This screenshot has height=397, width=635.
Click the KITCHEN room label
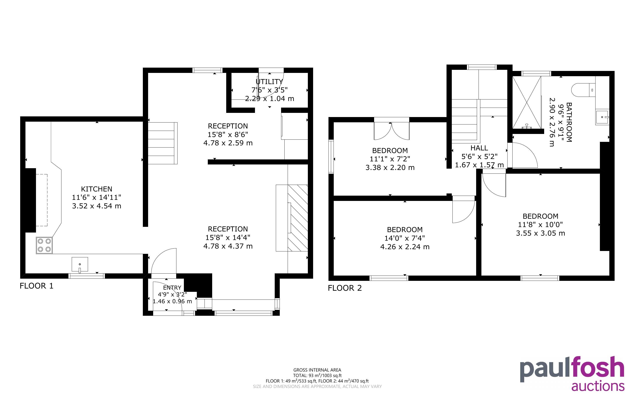(x=97, y=189)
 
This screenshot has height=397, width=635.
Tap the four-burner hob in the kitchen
(x=44, y=245)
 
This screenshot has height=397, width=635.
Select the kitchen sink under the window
(x=80, y=264)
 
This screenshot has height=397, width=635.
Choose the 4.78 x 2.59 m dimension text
(x=228, y=143)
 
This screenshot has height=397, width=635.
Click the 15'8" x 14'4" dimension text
(x=228, y=238)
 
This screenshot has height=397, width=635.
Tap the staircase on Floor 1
(x=163, y=143)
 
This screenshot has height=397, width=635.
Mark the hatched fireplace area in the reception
(x=298, y=218)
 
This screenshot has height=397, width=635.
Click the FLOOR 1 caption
(x=36, y=286)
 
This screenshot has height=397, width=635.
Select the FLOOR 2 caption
(x=345, y=288)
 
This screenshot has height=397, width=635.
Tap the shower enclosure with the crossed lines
(x=527, y=102)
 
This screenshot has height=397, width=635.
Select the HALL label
(x=479, y=148)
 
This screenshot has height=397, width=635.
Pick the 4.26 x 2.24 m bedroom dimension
(x=405, y=247)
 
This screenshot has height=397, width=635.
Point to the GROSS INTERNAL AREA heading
(x=317, y=370)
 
